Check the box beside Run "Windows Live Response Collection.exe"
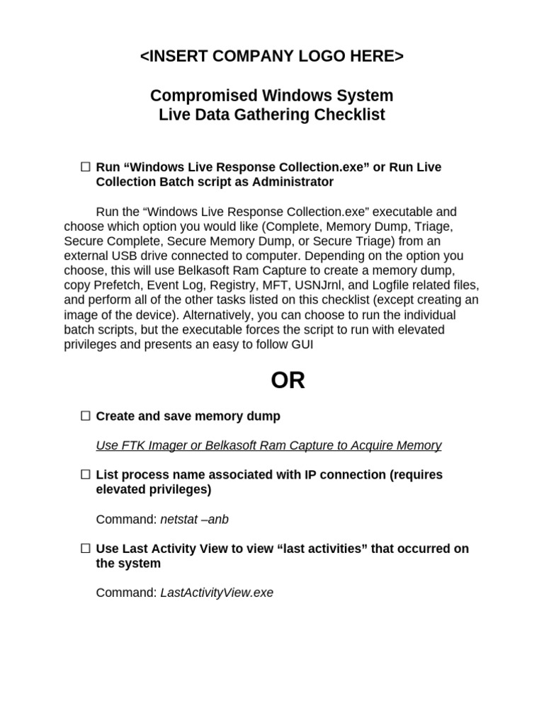[x=85, y=167]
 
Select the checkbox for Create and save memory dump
[x=85, y=416]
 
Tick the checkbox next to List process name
[x=85, y=474]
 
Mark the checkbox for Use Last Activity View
[x=85, y=549]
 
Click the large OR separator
[x=288, y=380]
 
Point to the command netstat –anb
[x=194, y=520]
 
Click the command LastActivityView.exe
[x=217, y=593]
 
